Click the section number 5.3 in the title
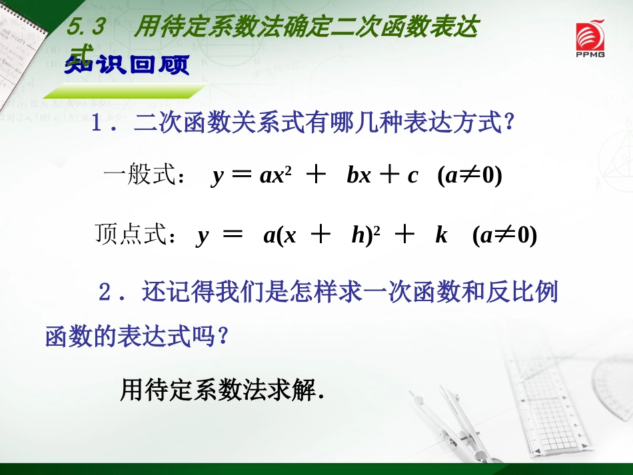[87, 28]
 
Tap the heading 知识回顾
[127, 65]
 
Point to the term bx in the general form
[358, 175]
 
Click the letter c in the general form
[413, 176]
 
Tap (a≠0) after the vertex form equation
[504, 236]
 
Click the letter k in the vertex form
[441, 235]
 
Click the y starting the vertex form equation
[202, 237]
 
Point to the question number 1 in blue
[98, 124]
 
